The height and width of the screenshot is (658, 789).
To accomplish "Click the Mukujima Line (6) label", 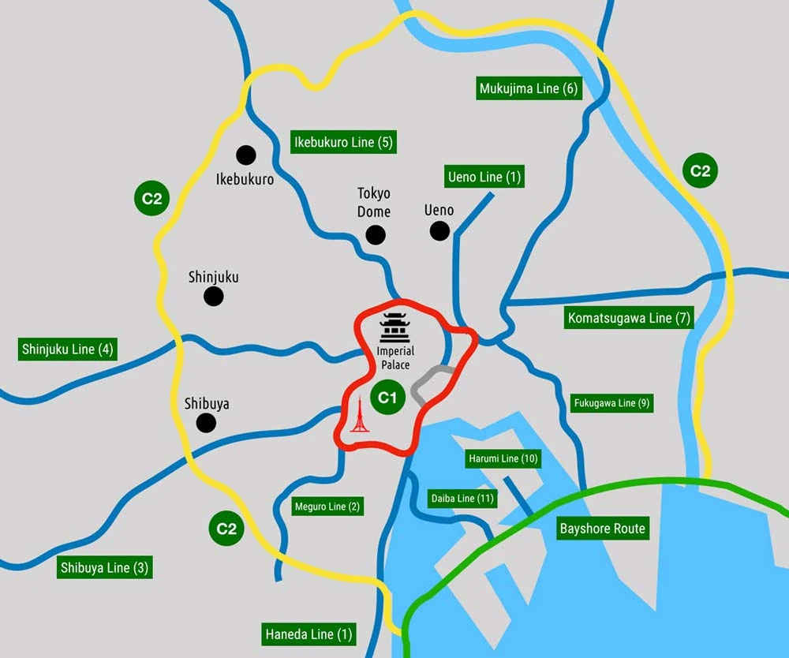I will [529, 88].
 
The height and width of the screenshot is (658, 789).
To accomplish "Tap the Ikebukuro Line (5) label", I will [342, 142].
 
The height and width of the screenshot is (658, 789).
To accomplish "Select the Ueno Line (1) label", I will [484, 177].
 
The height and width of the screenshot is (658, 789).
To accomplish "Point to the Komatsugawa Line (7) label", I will [629, 319].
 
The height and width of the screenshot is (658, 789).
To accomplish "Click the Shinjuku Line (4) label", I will [68, 349].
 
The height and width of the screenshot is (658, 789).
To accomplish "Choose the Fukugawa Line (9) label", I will [612, 403].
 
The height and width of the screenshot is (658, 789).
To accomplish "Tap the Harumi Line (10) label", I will [503, 458].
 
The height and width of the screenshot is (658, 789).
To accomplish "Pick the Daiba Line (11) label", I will [463, 499].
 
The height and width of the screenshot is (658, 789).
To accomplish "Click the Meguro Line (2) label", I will [327, 507].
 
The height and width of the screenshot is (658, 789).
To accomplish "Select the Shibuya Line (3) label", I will [105, 567].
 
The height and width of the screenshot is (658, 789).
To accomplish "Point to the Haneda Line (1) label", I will [309, 634].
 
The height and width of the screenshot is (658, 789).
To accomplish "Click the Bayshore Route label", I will [602, 529].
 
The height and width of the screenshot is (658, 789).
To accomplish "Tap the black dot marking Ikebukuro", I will [246, 155].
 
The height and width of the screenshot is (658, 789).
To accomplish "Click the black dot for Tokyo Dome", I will [375, 234].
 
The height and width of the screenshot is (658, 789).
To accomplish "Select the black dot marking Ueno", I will [439, 230].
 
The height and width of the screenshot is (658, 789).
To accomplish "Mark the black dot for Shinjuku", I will [213, 297].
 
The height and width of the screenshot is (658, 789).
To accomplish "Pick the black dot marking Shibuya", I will [206, 424].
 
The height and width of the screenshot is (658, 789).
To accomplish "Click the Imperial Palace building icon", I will [394, 327].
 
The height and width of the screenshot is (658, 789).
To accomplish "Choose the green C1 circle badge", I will [387, 397].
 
